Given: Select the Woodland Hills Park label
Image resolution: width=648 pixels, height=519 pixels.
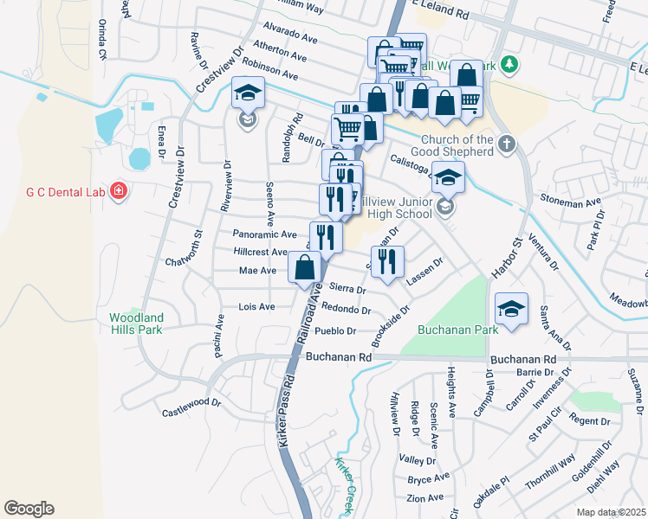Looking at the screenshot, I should [136, 324].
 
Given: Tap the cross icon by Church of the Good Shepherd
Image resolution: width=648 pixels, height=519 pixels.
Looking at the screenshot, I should [507, 142].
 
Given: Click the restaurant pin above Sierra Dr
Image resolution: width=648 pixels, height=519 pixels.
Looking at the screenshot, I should [387, 262].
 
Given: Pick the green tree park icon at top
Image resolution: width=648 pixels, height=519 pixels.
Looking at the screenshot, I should [510, 64].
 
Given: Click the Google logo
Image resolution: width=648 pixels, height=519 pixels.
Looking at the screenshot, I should [29, 509].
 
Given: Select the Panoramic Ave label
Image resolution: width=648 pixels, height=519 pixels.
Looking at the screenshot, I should [264, 234].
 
